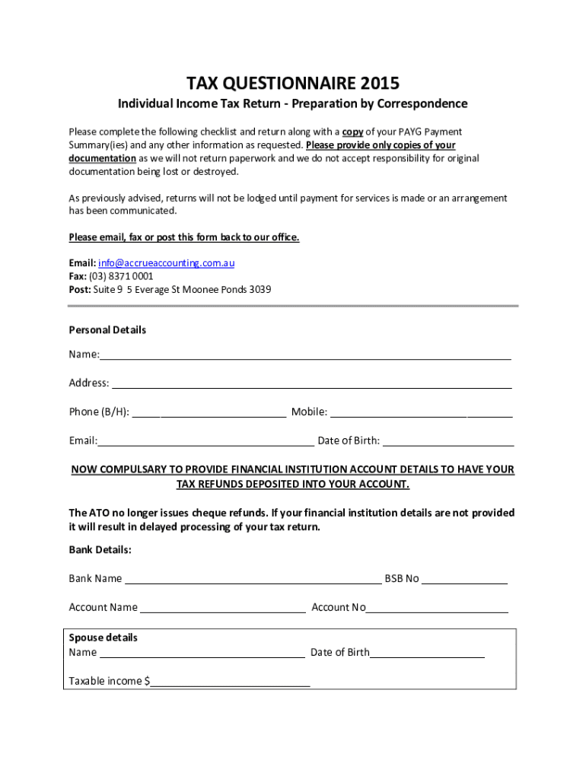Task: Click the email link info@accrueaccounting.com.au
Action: (166, 262)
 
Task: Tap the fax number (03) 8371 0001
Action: (121, 276)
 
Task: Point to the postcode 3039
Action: (260, 290)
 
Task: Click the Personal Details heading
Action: (107, 330)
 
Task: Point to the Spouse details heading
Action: (104, 638)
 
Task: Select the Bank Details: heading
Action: (100, 549)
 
